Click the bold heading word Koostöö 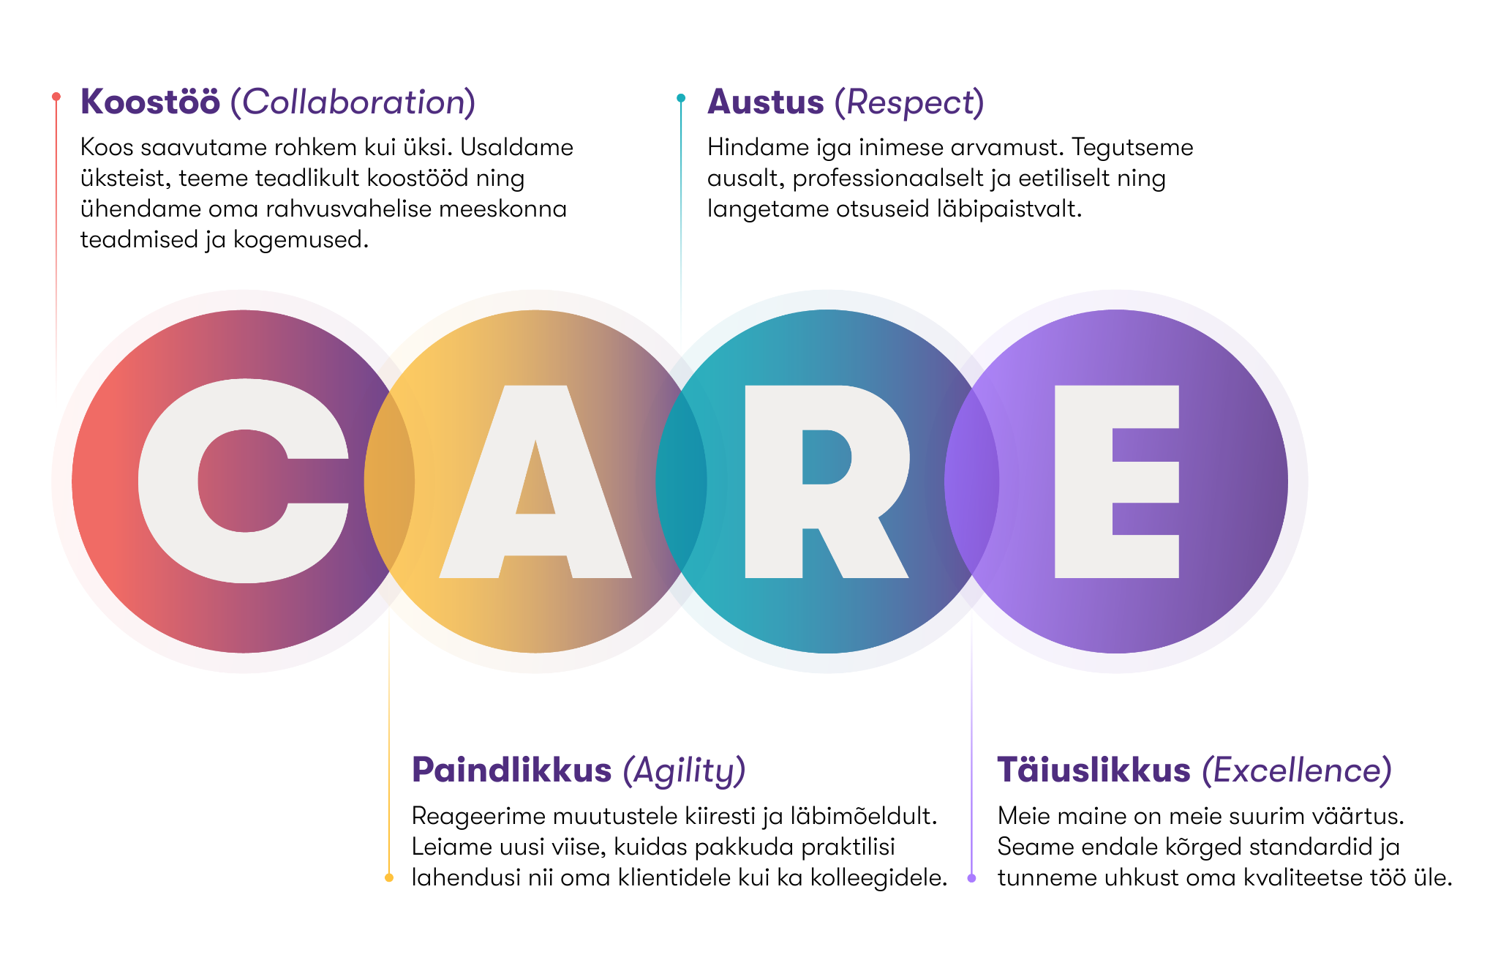[150, 101]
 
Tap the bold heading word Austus [766, 102]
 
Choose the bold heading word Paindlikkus [512, 770]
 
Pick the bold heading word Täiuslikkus [1094, 770]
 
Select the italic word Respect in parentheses [909, 103]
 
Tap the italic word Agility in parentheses [684, 771]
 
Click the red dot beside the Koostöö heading [56, 97]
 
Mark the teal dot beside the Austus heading [681, 97]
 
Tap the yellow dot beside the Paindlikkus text [389, 877]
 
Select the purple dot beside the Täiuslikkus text [971, 877]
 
